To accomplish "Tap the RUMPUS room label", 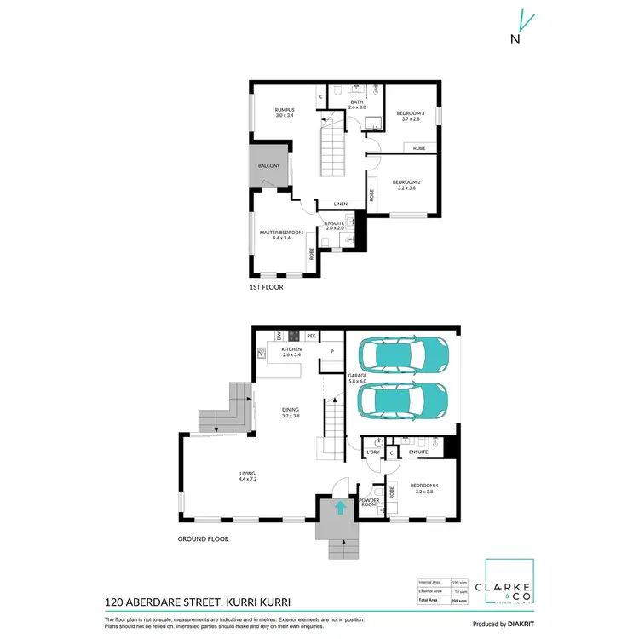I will (x=285, y=110).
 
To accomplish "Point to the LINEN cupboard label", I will (x=340, y=204).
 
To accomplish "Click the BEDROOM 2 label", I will (x=405, y=182).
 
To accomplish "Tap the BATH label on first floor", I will (x=356, y=102).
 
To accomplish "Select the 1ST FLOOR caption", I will (x=266, y=287).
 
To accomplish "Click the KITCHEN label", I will (x=292, y=350).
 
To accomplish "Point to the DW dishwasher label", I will (x=279, y=336).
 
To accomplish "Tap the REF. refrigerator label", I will (x=312, y=336).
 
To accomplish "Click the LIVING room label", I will (x=248, y=475).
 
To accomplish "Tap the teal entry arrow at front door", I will (x=340, y=509).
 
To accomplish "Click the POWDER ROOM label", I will (x=369, y=503).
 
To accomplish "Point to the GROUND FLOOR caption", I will (x=203, y=538).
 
